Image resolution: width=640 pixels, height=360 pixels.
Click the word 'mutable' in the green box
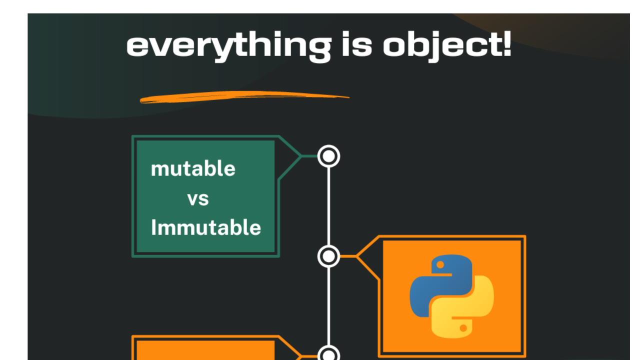tap(193, 169)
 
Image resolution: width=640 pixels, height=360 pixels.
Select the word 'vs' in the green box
tap(198, 199)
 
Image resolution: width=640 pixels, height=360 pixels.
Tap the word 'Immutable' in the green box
tap(206, 228)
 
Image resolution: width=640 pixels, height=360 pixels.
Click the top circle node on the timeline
tap(328, 156)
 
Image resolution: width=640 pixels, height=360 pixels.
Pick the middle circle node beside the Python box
tap(328, 256)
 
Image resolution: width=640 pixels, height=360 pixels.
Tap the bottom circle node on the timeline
tap(328, 355)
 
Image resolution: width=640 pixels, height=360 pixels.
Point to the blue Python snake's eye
tap(440, 263)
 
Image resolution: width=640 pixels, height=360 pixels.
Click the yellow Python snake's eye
tap(463, 328)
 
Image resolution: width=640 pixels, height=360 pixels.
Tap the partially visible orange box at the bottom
tap(205, 350)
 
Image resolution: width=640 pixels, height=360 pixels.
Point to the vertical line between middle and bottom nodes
tap(328, 305)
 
